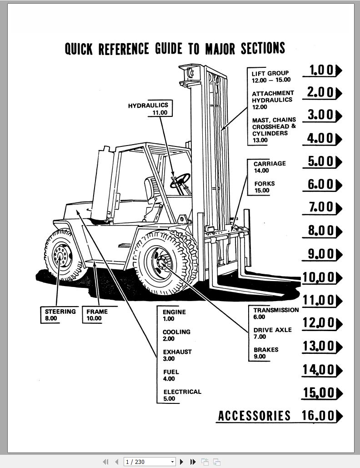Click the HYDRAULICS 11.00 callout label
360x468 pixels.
[148, 109]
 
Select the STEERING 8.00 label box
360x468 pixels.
[60, 315]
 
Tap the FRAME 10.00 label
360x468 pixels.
[97, 315]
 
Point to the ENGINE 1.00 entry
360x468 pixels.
[174, 315]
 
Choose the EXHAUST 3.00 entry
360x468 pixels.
[177, 355]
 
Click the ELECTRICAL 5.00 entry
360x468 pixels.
[182, 395]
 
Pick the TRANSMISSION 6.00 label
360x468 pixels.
[276, 313]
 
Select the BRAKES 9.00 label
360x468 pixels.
[266, 353]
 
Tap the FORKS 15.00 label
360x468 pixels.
[264, 187]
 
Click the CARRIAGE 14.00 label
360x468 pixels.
[270, 166]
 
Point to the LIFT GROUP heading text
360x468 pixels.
[270, 73]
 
